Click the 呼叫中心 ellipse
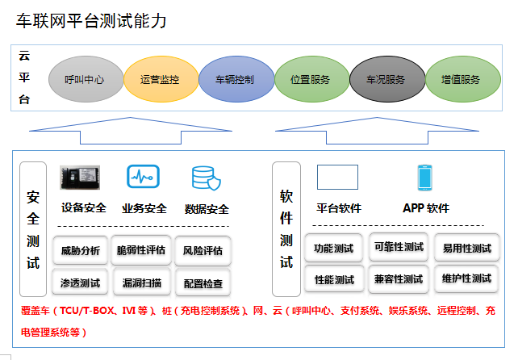(x=84, y=80)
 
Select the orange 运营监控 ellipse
(x=159, y=80)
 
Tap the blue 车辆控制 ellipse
(x=234, y=80)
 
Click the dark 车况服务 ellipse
(x=385, y=80)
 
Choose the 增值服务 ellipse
(x=460, y=80)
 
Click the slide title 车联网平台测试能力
(x=91, y=21)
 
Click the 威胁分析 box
(x=81, y=250)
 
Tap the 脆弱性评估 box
(x=141, y=250)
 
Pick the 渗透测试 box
(x=81, y=283)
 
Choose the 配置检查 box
(x=203, y=283)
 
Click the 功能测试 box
(x=334, y=249)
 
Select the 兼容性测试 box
(x=399, y=279)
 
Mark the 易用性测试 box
(x=466, y=249)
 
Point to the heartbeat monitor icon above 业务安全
(x=143, y=177)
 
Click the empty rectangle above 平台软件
(x=337, y=177)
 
